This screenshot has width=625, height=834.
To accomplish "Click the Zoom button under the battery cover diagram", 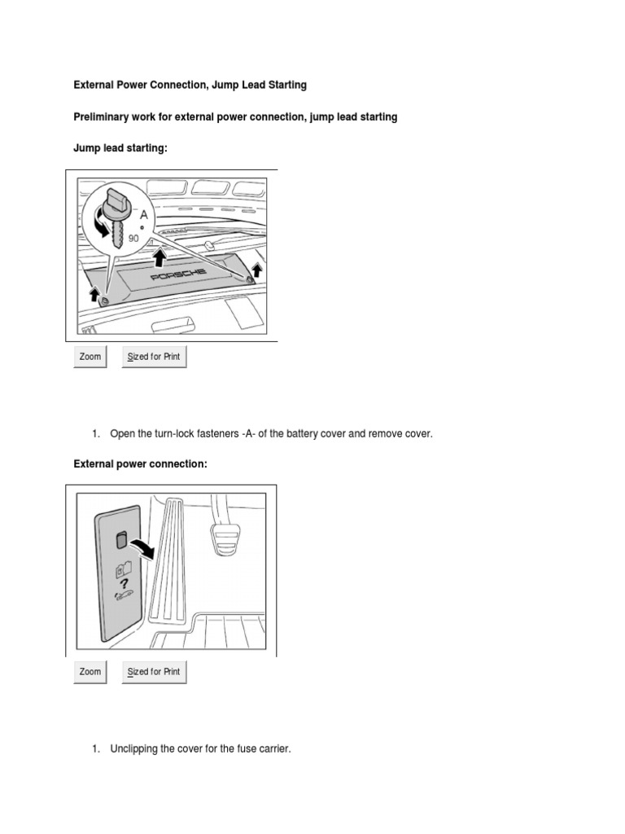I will click(90, 357).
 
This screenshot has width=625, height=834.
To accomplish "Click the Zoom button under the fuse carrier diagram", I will click(90, 672).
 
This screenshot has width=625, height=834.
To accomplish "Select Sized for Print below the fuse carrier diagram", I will click(155, 672).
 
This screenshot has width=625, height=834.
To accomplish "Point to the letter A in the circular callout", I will click(144, 214).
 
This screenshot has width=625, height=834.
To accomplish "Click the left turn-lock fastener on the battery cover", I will click(105, 301).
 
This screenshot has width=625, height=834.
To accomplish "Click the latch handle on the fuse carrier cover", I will click(120, 540).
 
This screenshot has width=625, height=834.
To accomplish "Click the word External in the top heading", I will click(94, 85).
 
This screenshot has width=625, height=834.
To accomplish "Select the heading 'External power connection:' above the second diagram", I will click(140, 463).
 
